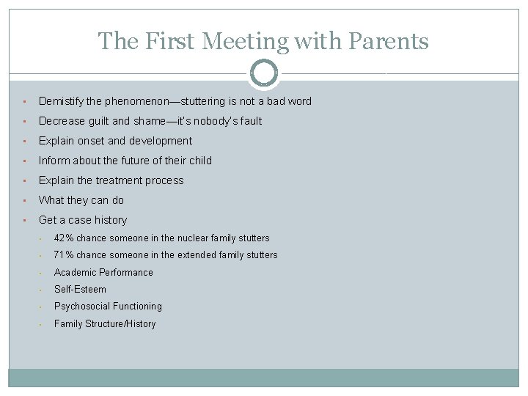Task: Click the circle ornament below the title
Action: tap(264, 73)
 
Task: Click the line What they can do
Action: tap(81, 200)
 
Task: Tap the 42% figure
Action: tap(64, 238)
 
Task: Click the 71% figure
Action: tap(64, 255)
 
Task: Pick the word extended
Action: tap(195, 255)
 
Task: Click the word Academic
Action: tap(76, 273)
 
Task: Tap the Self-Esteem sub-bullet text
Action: tap(80, 290)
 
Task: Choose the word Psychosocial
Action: tap(81, 307)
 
